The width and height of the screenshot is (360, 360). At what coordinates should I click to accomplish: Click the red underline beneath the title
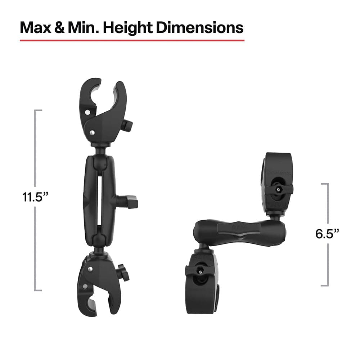pos(132,40)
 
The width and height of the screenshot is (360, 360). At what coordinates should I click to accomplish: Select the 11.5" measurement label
pos(35,197)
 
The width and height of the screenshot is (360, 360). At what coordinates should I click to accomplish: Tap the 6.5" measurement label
pos(327,234)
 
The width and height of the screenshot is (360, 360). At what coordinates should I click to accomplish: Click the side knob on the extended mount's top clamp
pos(127,125)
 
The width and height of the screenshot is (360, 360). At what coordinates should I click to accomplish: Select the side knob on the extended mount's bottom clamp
pos(123,272)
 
